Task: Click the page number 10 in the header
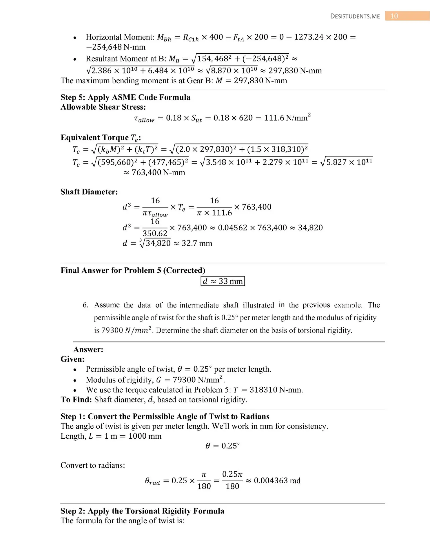[x=394, y=16]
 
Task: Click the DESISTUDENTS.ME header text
[x=355, y=17]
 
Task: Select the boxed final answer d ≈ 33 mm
[x=223, y=281]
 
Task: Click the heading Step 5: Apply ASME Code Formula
[x=125, y=97]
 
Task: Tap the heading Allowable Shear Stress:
[x=103, y=107]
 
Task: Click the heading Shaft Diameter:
[x=89, y=192]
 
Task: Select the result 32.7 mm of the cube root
[x=197, y=243]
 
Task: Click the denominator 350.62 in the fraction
[x=155, y=233]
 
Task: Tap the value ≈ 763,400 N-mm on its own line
[x=154, y=172]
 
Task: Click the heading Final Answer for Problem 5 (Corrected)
[x=133, y=270]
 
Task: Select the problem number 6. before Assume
[x=85, y=305]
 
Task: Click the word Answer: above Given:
[x=88, y=349]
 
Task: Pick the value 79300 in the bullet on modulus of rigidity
[x=184, y=380]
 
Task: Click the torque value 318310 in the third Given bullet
[x=263, y=390]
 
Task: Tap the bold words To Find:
[x=76, y=399]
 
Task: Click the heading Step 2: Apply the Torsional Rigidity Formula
[x=142, y=511]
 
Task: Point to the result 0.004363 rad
[x=277, y=480]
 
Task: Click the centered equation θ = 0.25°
[x=223, y=446]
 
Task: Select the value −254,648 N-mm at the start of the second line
[x=116, y=47]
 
